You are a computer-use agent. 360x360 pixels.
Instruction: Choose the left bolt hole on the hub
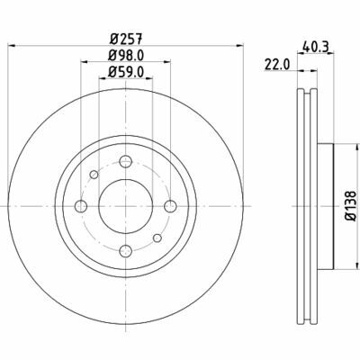click(80, 208)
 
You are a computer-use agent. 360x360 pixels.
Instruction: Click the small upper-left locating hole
click(94, 177)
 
